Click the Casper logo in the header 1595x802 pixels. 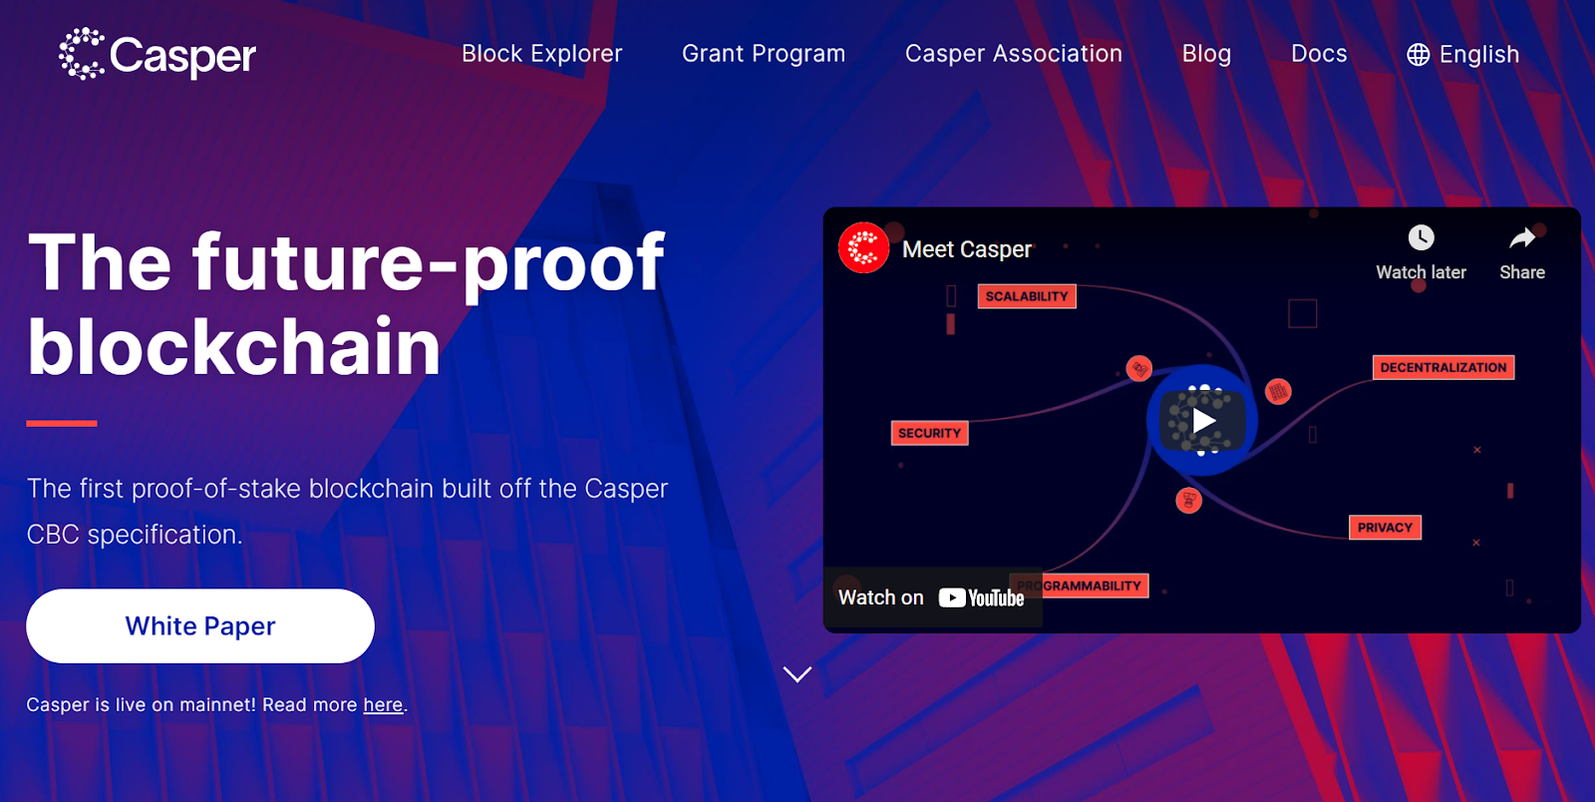[158, 54]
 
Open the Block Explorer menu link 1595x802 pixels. [542, 54]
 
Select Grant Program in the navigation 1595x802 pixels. [764, 54]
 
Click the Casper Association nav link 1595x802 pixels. [1013, 54]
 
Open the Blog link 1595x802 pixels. [1206, 54]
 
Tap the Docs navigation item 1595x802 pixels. [1319, 54]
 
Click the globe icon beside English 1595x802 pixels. [1418, 54]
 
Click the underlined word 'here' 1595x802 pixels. [383, 704]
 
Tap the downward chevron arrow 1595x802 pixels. [797, 673]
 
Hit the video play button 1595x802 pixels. [1202, 420]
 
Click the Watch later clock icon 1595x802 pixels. [1421, 237]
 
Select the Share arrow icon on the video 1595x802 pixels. [1521, 238]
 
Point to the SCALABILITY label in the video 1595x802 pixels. [1027, 296]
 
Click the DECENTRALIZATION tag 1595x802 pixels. [1443, 367]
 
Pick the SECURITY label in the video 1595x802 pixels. [929, 433]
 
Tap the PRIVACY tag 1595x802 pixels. [1385, 528]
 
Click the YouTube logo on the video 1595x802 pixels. [981, 598]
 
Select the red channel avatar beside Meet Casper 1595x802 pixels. [863, 248]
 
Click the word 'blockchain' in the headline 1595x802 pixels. [234, 347]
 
